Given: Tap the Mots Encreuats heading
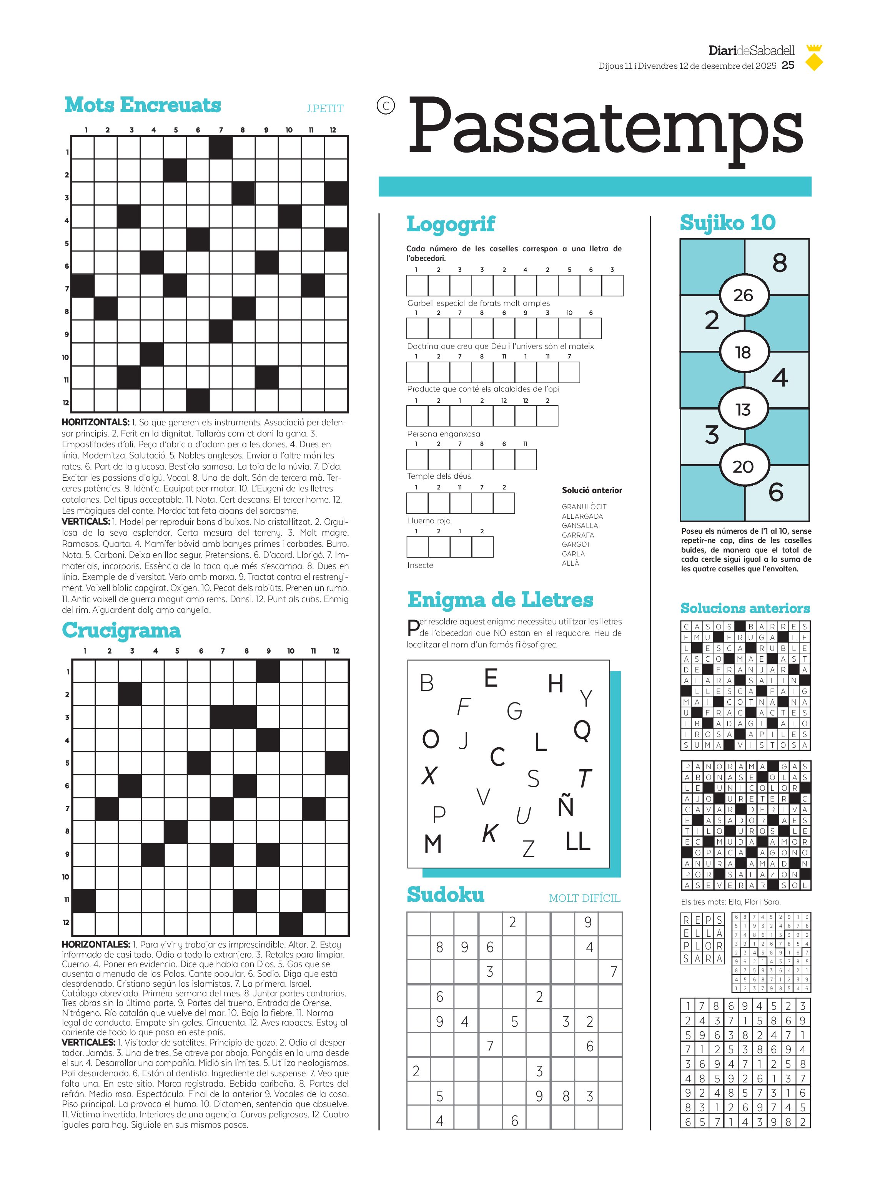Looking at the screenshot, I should coord(143,105).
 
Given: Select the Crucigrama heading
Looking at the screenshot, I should coord(121,631).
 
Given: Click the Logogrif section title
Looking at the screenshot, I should coord(451,224).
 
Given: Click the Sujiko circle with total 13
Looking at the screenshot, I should coord(743,409).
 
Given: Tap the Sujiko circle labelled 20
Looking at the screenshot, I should coord(743,466).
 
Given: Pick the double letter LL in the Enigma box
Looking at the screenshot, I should coord(578,841).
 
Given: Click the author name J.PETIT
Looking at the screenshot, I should coord(325,108).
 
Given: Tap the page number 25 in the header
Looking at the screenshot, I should coord(788,65).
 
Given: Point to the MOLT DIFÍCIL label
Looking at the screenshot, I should coord(584,898).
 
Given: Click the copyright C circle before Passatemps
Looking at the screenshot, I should coord(386,106).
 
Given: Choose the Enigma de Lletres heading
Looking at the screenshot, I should coord(500,600).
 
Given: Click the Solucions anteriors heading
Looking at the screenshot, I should coord(745,608).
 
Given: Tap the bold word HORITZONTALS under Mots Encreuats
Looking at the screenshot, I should coord(95,422).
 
